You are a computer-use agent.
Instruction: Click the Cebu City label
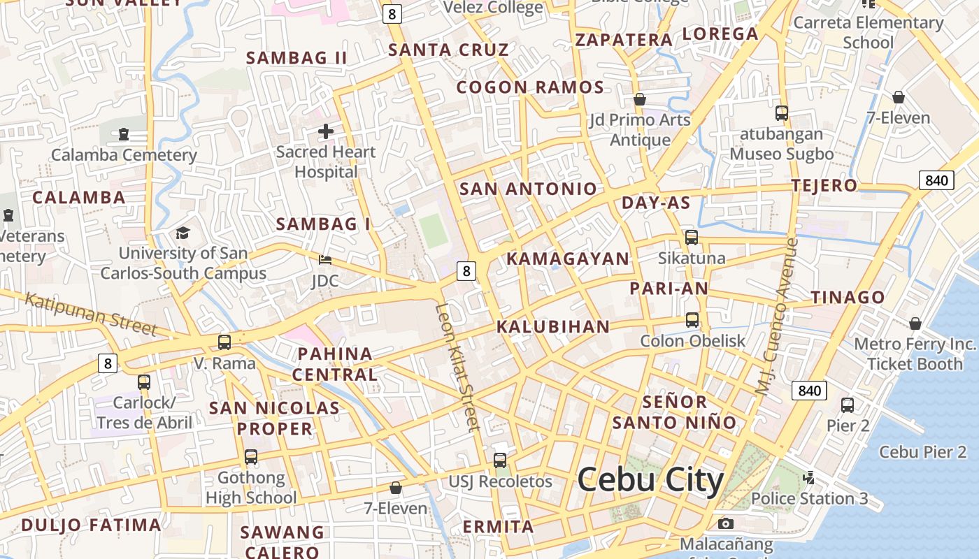coord(650,480)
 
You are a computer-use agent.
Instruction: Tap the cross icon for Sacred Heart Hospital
coord(326,131)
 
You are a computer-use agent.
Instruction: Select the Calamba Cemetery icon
coord(124,133)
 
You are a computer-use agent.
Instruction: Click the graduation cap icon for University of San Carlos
coord(183,233)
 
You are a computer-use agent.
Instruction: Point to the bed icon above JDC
coord(325,260)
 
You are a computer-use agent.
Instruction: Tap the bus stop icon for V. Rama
coord(224,342)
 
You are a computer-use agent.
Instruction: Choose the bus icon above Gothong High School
coord(251,457)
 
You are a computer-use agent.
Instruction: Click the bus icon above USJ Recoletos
coord(500,460)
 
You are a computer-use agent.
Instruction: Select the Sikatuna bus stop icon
coord(692,238)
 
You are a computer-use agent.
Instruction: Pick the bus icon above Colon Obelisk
coord(692,320)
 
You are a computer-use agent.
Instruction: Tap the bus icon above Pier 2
coord(848,405)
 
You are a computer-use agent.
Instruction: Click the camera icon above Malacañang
coord(726,523)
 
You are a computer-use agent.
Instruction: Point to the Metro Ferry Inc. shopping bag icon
coord(915,324)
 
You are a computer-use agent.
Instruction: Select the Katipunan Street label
coord(91,314)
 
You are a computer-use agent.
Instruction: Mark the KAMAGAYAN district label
coord(568,259)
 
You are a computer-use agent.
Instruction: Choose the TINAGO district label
coord(848,298)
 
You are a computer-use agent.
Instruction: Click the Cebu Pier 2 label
coord(922,452)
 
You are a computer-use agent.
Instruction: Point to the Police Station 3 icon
coord(809,478)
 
